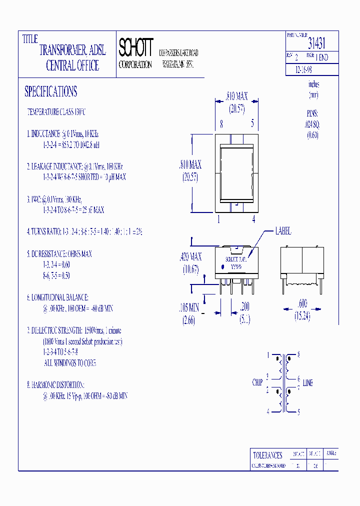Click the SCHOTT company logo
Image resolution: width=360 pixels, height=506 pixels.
coord(135,47)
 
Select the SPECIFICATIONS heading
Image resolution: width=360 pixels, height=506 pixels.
coord(51,91)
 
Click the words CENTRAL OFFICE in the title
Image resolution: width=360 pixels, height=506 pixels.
coord(72,65)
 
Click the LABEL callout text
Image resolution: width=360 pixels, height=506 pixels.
coord(283,231)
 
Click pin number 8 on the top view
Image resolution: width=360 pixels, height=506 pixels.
coord(221,123)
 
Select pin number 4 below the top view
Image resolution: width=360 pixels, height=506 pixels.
coord(254,218)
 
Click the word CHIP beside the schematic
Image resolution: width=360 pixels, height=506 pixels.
coord(257,382)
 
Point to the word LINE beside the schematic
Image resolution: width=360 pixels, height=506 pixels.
coord(308,383)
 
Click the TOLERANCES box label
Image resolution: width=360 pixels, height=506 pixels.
coord(267,455)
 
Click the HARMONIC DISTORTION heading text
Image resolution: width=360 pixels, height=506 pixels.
coord(56,385)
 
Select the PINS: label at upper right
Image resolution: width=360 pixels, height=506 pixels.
coord(312,114)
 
